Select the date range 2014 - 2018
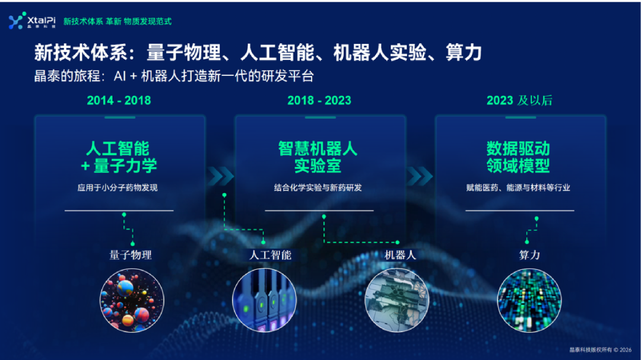119,100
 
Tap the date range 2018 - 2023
319,100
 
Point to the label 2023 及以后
519,100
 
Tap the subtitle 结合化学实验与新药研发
318,188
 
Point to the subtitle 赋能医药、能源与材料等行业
518,188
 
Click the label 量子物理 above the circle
131,255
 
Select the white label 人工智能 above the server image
270,255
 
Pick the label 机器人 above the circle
400,255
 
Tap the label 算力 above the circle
529,255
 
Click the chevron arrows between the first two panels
220,175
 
